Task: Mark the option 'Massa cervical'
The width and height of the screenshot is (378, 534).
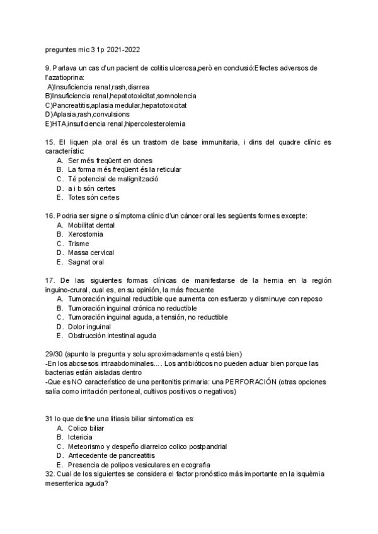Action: point(92,253)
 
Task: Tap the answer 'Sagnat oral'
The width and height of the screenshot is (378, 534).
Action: point(86,262)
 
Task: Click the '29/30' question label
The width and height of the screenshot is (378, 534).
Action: point(54,355)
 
